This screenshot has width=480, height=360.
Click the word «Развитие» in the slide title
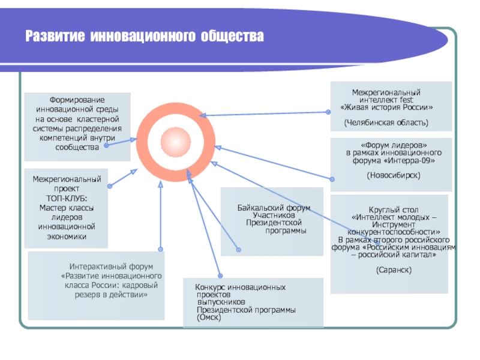click(x=55, y=37)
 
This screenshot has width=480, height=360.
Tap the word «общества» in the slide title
click(x=233, y=37)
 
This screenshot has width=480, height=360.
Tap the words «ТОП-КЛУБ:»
click(x=67, y=199)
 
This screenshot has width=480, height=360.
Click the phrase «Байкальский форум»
click(x=274, y=208)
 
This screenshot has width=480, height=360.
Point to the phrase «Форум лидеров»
click(x=394, y=146)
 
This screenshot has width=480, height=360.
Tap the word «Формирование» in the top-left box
click(x=76, y=100)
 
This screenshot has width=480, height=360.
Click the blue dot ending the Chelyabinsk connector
click(x=327, y=112)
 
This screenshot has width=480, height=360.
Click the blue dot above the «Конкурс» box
click(x=219, y=273)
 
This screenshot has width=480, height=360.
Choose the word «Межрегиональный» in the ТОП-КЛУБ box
click(x=67, y=179)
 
